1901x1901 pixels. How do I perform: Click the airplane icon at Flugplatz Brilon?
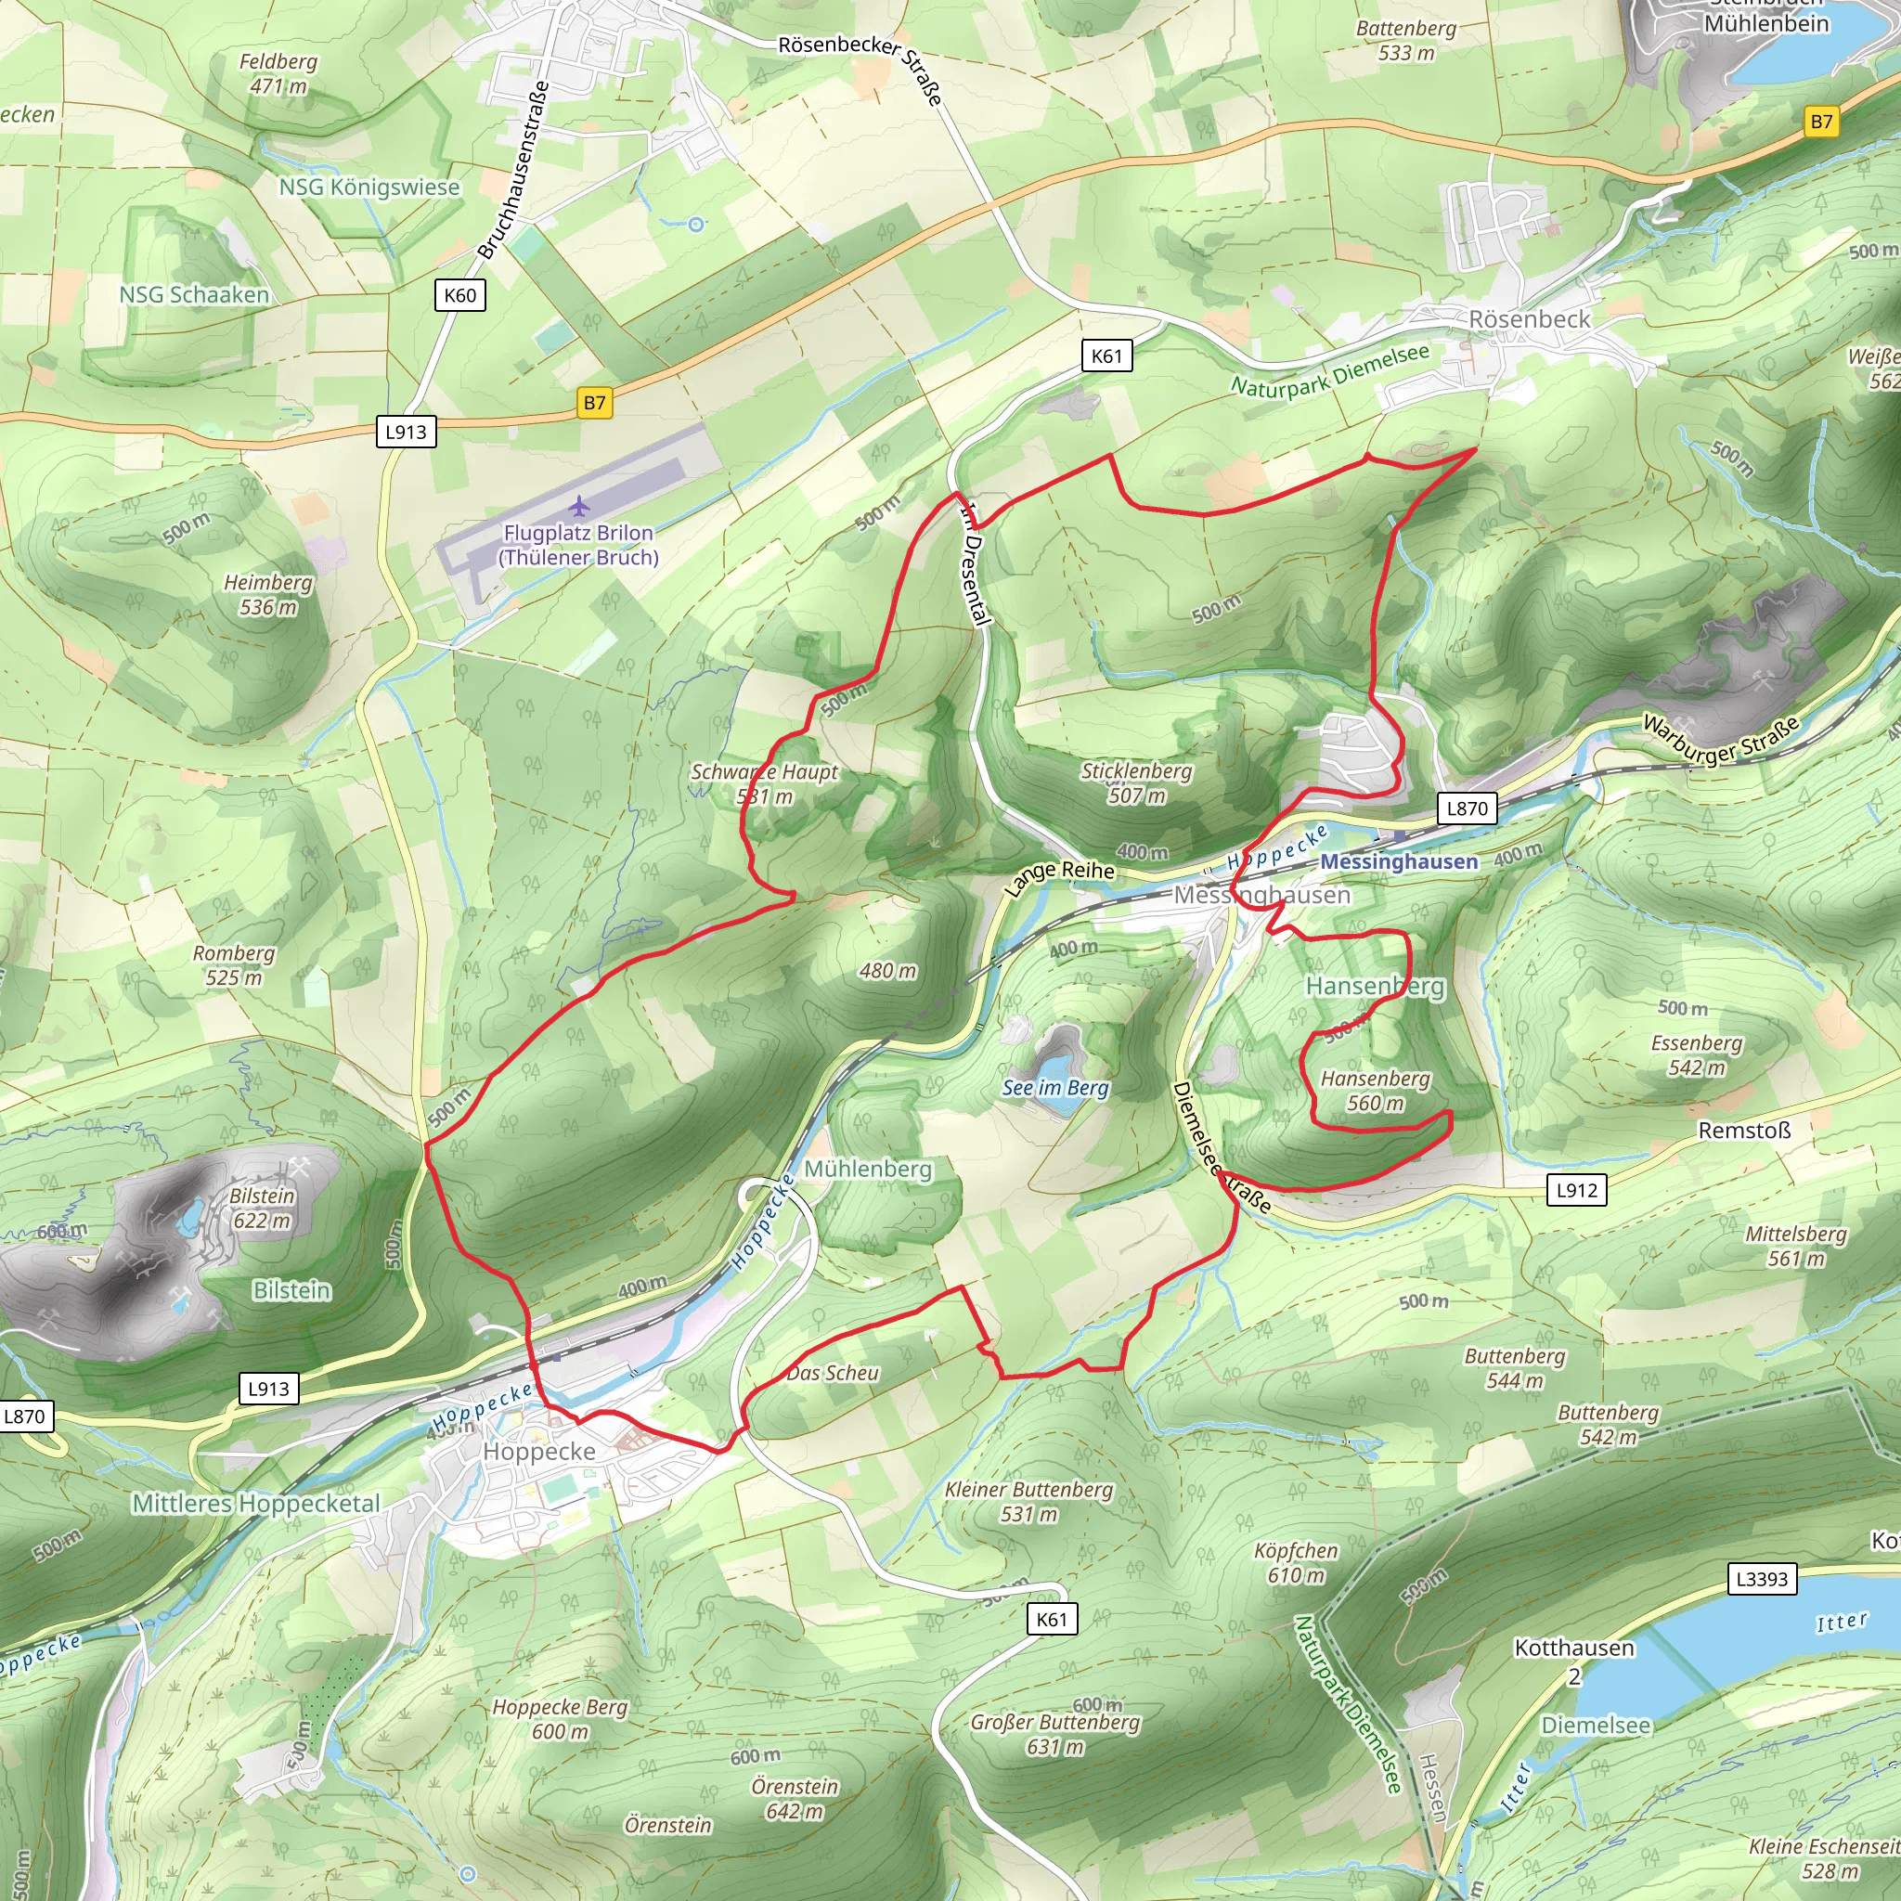pyautogui.click(x=579, y=507)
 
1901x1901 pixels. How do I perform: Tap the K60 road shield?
pyautogui.click(x=459, y=295)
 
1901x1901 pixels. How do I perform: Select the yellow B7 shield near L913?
pyautogui.click(x=594, y=403)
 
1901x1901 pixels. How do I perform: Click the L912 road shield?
pyautogui.click(x=1576, y=1190)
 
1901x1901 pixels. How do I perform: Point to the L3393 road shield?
pyautogui.click(x=1761, y=1579)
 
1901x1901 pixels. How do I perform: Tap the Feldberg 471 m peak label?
pyautogui.click(x=278, y=74)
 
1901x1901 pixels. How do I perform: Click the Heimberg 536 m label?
pyautogui.click(x=267, y=594)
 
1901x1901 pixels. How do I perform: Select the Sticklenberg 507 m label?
pyautogui.click(x=1136, y=783)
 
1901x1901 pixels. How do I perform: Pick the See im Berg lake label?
pyautogui.click(x=1054, y=1087)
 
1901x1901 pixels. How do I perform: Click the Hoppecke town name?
pyautogui.click(x=539, y=1452)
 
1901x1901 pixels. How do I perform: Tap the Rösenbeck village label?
pyautogui.click(x=1529, y=318)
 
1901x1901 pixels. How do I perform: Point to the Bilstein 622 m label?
pyautogui.click(x=262, y=1208)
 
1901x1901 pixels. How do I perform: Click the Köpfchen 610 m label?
pyautogui.click(x=1296, y=1562)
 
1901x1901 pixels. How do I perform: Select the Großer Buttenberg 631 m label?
pyautogui.click(x=1054, y=1734)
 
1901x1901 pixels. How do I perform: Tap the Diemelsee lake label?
pyautogui.click(x=1595, y=1725)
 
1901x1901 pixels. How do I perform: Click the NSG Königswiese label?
pyautogui.click(x=369, y=187)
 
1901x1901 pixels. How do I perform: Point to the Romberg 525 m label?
pyautogui.click(x=233, y=964)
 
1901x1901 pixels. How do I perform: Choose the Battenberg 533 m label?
pyautogui.click(x=1406, y=40)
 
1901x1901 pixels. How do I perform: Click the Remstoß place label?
pyautogui.click(x=1743, y=1131)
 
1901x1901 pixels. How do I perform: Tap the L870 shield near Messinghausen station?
pyautogui.click(x=1468, y=808)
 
